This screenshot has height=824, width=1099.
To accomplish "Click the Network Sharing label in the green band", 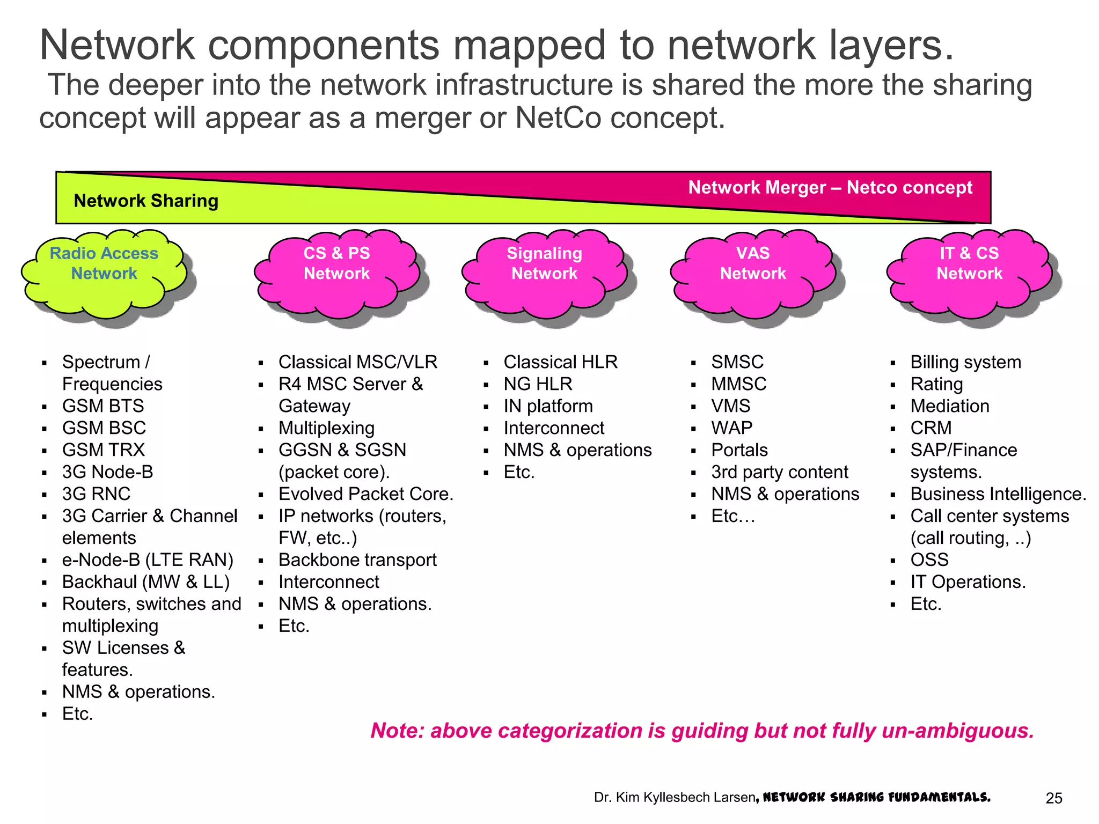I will click(x=146, y=201).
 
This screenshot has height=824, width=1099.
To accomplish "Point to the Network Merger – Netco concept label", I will click(x=830, y=187).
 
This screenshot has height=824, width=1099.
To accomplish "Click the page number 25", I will click(x=1054, y=798).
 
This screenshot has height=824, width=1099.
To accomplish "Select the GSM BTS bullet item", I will click(x=103, y=406).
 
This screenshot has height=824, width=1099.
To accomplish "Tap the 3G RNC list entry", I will click(x=97, y=494).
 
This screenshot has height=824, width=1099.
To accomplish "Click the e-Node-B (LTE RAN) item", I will click(x=148, y=560).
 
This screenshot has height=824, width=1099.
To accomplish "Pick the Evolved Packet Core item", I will click(x=366, y=494).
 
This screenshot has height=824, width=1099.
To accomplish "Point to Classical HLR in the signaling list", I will click(x=560, y=362).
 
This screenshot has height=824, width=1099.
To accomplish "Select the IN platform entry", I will click(x=548, y=406).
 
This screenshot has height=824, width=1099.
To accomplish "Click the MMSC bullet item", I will click(x=739, y=384).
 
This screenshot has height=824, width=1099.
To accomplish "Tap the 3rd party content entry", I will click(x=779, y=472).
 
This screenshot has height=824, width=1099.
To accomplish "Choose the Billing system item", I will click(x=965, y=362).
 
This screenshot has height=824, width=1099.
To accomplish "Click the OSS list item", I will click(x=929, y=560).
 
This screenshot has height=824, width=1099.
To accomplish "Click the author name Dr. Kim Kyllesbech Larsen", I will click(x=675, y=798).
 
